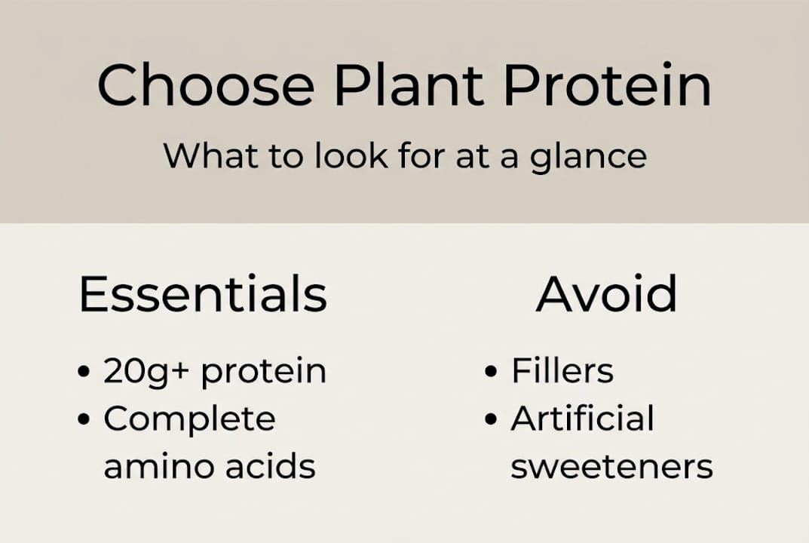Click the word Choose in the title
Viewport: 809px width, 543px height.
(205, 85)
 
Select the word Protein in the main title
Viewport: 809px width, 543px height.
(607, 85)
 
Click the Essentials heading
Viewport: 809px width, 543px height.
(203, 294)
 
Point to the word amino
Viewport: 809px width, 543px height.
(154, 467)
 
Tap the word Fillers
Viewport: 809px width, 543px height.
(562, 371)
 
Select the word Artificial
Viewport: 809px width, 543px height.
(582, 419)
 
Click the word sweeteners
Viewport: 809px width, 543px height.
(611, 467)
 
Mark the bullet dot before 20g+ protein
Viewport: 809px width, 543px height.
(84, 373)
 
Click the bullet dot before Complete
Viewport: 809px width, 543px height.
(84, 421)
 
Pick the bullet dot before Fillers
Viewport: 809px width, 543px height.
(492, 373)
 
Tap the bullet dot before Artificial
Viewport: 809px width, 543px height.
(492, 421)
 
